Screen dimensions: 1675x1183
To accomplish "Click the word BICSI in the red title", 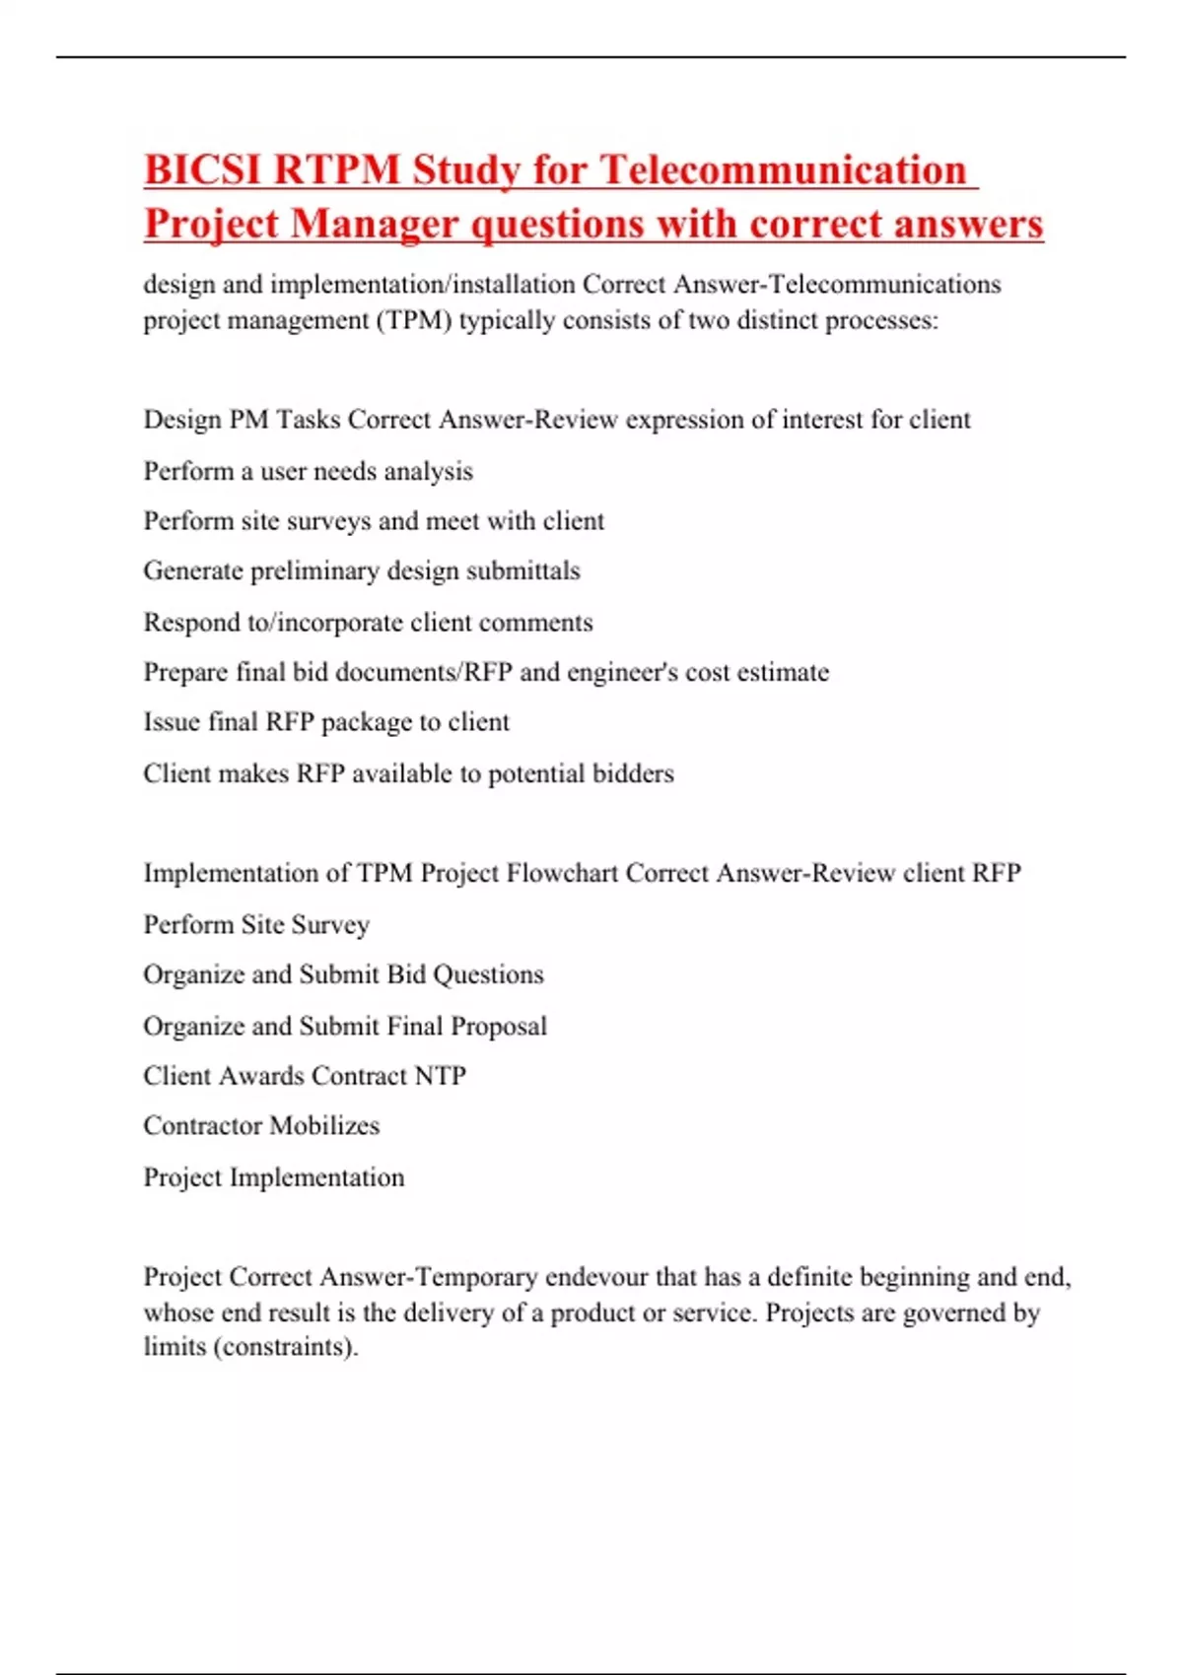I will pos(202,169).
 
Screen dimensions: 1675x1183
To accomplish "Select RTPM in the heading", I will pos(336,169).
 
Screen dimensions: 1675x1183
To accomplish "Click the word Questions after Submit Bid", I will pos(488,974).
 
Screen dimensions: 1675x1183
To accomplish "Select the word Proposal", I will pos(498,1027).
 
